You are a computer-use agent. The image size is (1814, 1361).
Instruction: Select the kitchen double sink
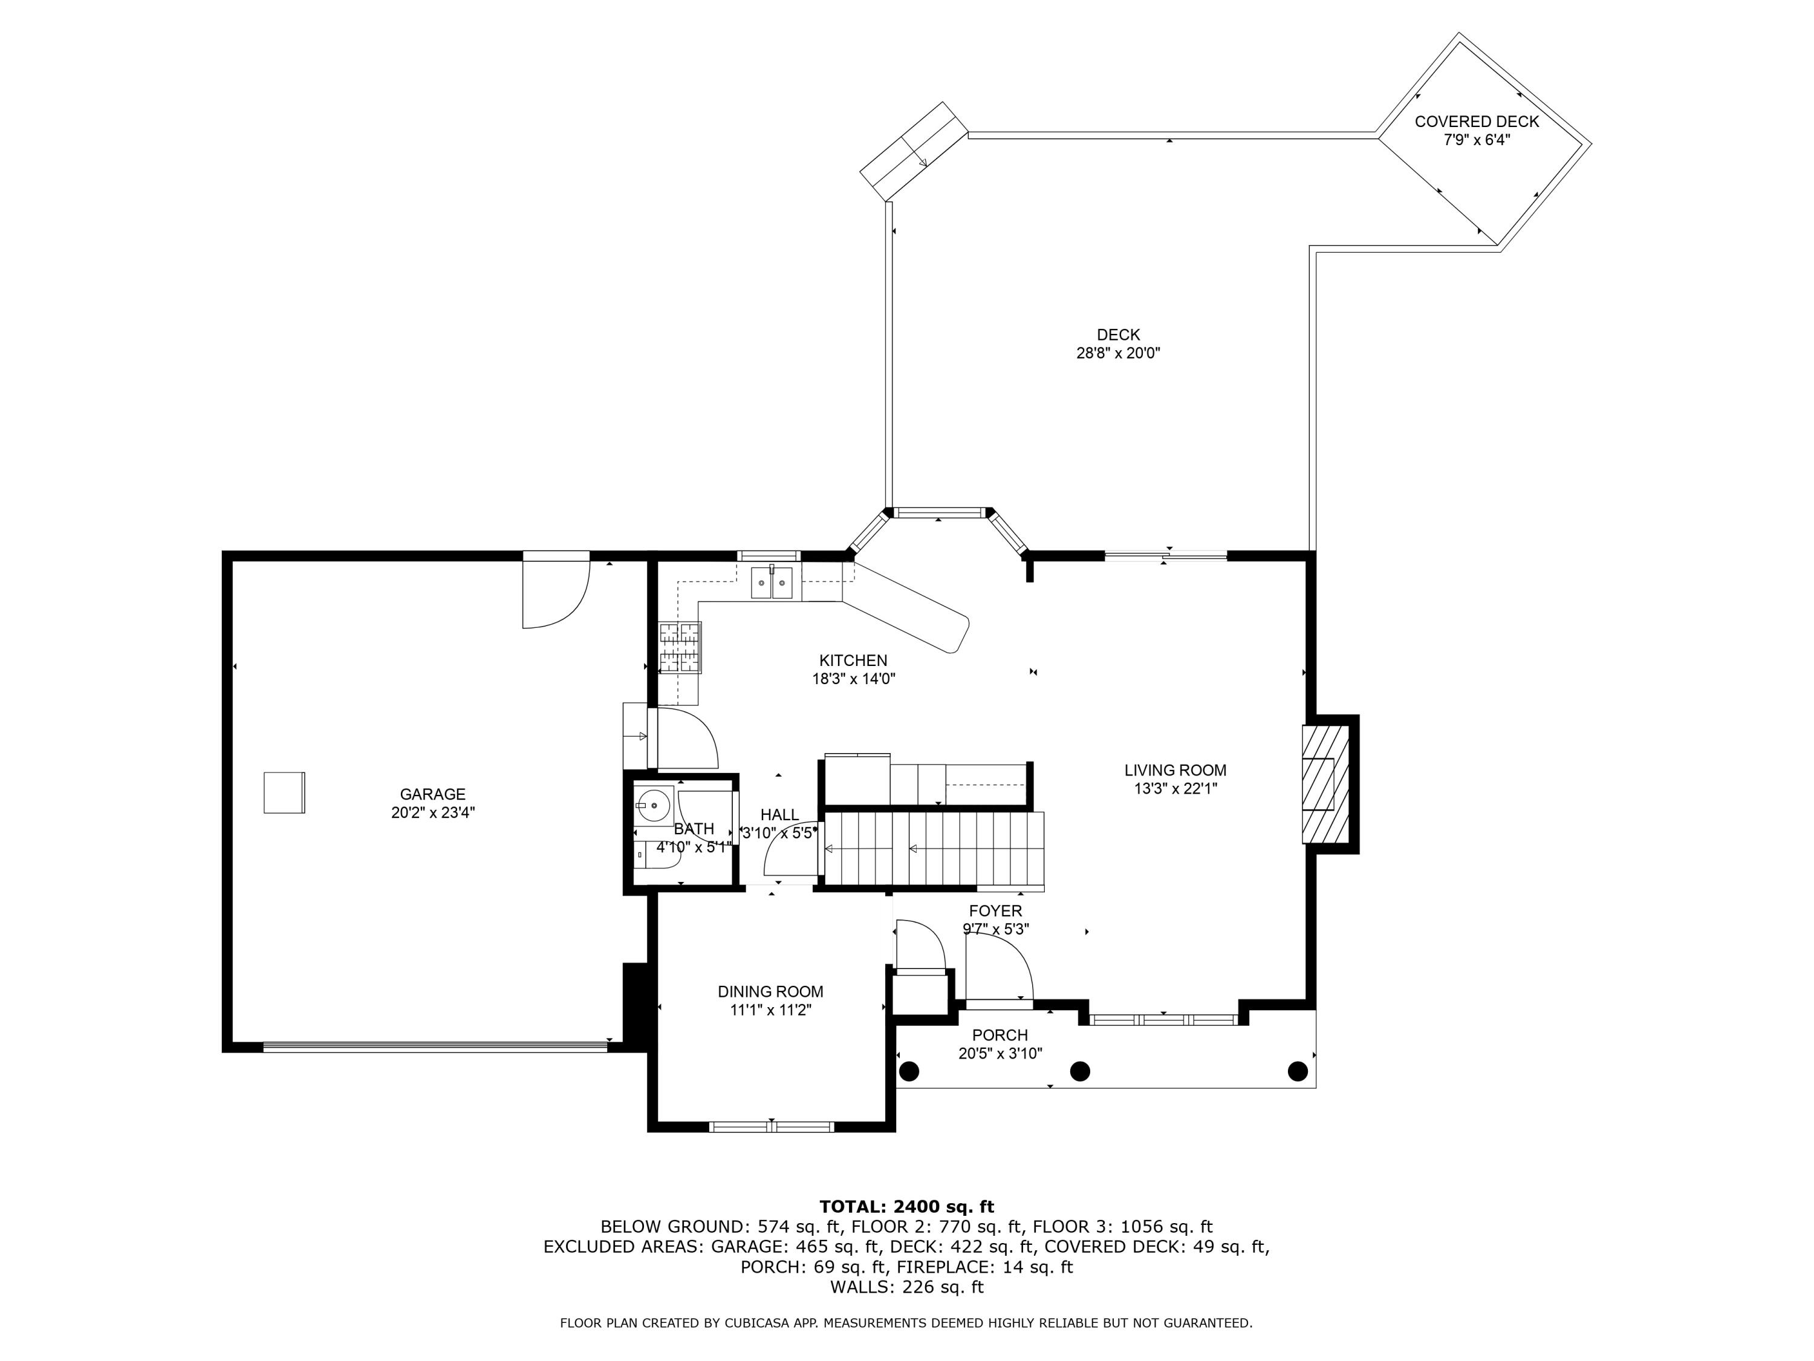pyautogui.click(x=772, y=583)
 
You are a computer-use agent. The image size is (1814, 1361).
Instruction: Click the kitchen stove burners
pyautogui.click(x=680, y=648)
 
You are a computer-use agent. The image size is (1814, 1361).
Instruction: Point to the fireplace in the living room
pyautogui.click(x=1325, y=783)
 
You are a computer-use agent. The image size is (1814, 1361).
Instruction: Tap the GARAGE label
pyautogui.click(x=432, y=794)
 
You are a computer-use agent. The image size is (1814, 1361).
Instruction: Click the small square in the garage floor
pyautogui.click(x=284, y=792)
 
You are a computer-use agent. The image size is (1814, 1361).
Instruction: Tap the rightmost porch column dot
pyautogui.click(x=1298, y=1071)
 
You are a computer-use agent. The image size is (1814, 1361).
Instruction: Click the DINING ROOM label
pyautogui.click(x=770, y=992)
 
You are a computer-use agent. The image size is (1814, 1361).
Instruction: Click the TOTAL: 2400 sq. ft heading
pyautogui.click(x=906, y=1207)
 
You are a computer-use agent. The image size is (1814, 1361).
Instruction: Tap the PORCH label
pyautogui.click(x=1000, y=1036)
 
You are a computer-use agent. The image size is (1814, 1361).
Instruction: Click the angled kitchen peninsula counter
pyautogui.click(x=906, y=608)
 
